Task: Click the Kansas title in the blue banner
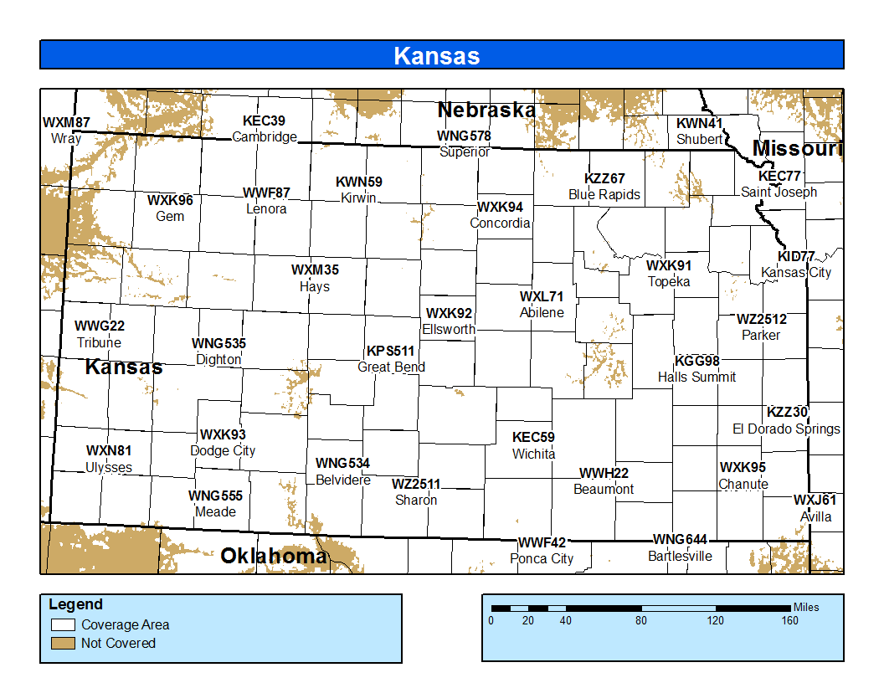click(436, 55)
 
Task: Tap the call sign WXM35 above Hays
click(315, 270)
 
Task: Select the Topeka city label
click(669, 282)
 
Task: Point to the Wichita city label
click(533, 454)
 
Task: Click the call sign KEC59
click(533, 437)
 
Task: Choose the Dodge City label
click(223, 450)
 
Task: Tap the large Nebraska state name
click(486, 110)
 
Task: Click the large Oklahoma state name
click(274, 556)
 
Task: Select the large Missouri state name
click(796, 148)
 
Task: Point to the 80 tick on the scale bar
click(641, 620)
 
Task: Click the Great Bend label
click(391, 367)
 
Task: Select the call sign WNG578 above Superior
click(464, 136)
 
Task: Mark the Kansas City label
click(796, 272)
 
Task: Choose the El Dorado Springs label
click(786, 429)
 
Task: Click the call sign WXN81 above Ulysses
click(109, 451)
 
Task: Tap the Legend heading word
click(75, 604)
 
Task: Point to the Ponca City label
click(542, 558)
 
